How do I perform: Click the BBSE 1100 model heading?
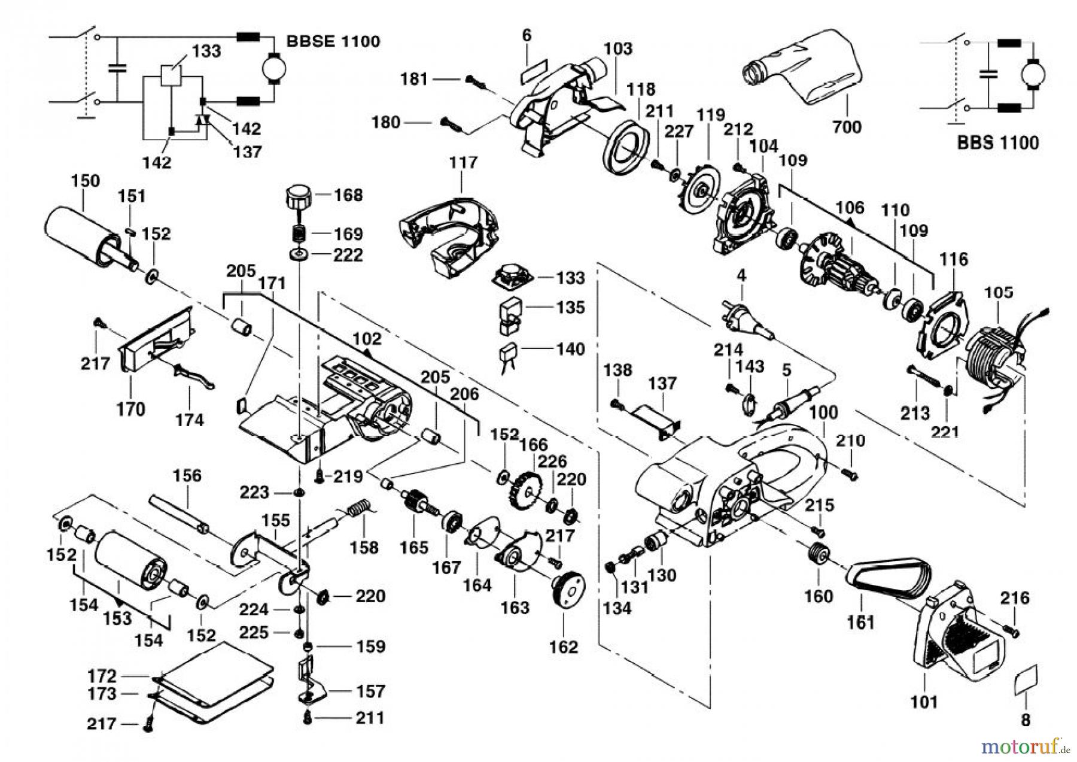pyautogui.click(x=333, y=41)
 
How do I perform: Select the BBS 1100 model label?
pyautogui.click(x=997, y=142)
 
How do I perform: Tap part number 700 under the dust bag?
pyautogui.click(x=847, y=127)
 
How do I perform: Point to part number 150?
pyautogui.click(x=86, y=181)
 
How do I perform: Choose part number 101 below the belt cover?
pyautogui.click(x=923, y=700)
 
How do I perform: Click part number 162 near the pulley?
pyautogui.click(x=564, y=647)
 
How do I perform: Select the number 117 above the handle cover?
pyautogui.click(x=463, y=162)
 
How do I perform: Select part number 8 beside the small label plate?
pyautogui.click(x=1026, y=720)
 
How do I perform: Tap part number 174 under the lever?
pyautogui.click(x=189, y=420)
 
